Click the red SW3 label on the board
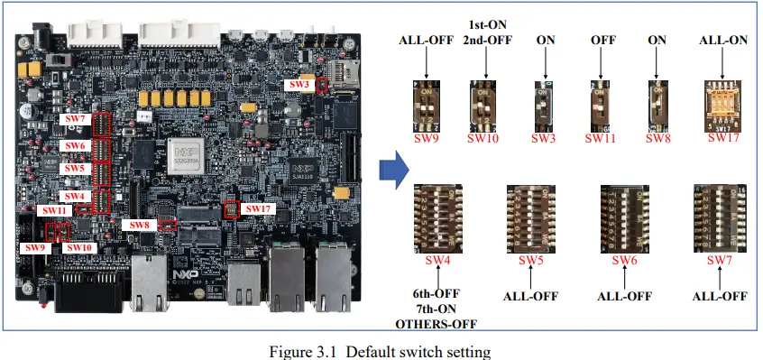[x=299, y=85]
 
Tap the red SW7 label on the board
[x=74, y=118]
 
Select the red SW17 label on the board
[x=258, y=209]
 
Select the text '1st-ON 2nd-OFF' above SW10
[x=487, y=32]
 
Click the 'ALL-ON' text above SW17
[x=722, y=41]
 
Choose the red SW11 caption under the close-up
[x=600, y=138]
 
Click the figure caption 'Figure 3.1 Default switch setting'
[x=381, y=349]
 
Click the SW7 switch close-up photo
[x=719, y=218]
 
